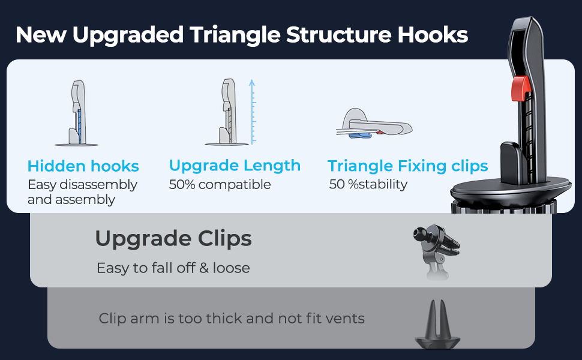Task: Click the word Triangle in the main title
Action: tap(235, 35)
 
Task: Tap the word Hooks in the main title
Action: tap(433, 35)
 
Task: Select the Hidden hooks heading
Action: tap(83, 166)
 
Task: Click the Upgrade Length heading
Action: tap(235, 166)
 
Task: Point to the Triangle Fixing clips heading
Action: tap(407, 166)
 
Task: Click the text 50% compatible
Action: tap(220, 184)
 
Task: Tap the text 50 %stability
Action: tap(368, 184)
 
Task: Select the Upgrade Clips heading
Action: tap(173, 238)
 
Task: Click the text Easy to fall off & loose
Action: tap(173, 268)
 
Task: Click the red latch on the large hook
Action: tap(520, 88)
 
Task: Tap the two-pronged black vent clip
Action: tap(437, 325)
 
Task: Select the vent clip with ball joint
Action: tap(437, 251)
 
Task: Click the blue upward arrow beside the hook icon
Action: tap(253, 112)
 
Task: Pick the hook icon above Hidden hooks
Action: tap(77, 113)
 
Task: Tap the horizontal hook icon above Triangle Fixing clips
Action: tap(374, 124)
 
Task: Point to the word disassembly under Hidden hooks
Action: tap(99, 184)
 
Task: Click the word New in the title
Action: tap(41, 35)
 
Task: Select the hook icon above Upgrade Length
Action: tap(227, 112)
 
